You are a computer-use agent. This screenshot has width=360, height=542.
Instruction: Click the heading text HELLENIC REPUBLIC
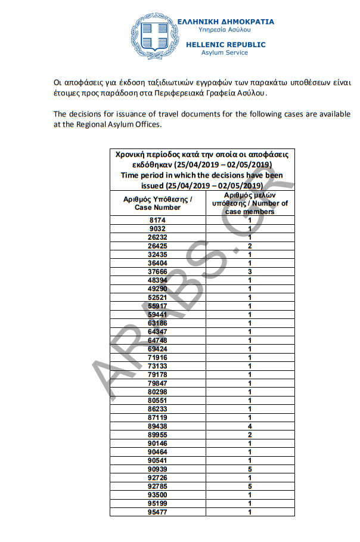(226, 45)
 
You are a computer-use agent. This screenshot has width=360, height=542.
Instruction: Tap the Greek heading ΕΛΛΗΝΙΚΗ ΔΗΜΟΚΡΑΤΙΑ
(226, 21)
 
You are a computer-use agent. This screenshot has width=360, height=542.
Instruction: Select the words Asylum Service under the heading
(226, 52)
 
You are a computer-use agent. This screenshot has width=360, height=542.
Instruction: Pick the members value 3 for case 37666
(250, 271)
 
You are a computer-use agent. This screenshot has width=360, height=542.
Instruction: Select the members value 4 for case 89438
(250, 426)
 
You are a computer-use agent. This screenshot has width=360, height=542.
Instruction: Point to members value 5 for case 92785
(250, 486)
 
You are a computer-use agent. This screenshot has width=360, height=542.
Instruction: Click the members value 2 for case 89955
(250, 435)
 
